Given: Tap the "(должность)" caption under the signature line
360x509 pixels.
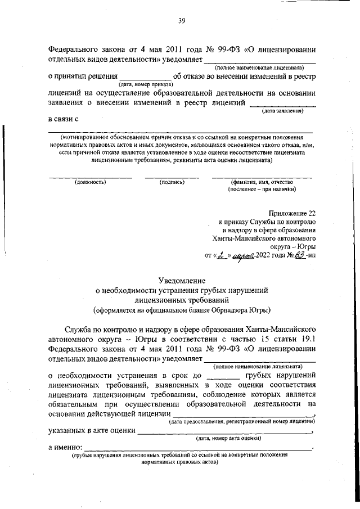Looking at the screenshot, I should coord(90,182).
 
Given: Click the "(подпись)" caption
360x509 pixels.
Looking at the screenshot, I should coord(172,182).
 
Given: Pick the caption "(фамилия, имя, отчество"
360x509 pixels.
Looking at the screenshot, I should coord(262,182).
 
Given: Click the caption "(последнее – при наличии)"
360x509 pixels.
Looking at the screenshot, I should coord(262,190).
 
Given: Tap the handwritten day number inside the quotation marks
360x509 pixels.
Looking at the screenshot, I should coord(218,255).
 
